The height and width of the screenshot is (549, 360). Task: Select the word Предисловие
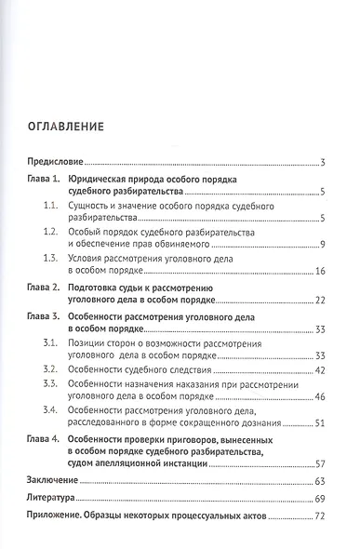(55, 163)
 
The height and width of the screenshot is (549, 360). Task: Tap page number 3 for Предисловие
(321, 164)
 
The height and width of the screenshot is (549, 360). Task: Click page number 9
(320, 245)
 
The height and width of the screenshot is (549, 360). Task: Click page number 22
(318, 301)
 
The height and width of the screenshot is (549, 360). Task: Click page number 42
(318, 370)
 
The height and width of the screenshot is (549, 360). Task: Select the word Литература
(50, 499)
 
